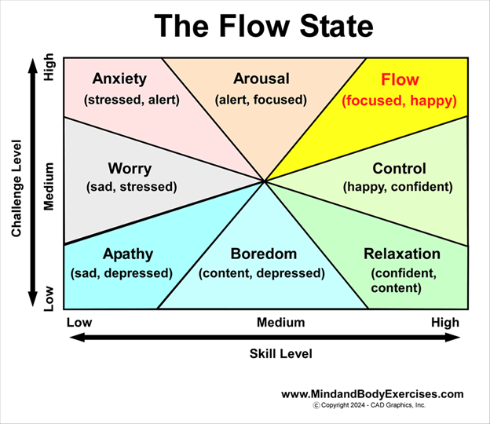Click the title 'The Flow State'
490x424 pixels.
[263, 27]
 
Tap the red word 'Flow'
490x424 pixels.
[400, 80]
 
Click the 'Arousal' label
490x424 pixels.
[261, 79]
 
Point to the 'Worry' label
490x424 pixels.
[130, 169]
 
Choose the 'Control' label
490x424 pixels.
[399, 169]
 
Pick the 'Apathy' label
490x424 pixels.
[128, 254]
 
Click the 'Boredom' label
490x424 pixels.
[264, 254]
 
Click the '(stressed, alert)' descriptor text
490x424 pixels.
[132, 100]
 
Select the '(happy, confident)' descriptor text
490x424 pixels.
[398, 187]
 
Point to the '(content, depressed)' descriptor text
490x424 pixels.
[261, 273]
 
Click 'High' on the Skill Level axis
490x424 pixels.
[444, 323]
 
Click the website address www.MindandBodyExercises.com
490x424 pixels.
[372, 394]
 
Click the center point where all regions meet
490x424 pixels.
[265, 181]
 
